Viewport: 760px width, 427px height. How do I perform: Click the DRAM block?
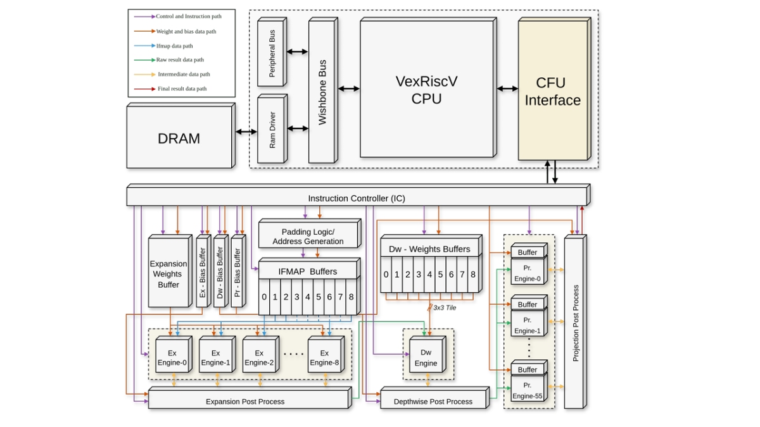(x=179, y=138)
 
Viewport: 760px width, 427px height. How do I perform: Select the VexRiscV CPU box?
(x=426, y=89)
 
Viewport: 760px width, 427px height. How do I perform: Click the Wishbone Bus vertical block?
(x=322, y=92)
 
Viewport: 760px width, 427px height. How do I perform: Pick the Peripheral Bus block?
(x=272, y=53)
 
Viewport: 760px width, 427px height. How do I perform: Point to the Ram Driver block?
(x=272, y=130)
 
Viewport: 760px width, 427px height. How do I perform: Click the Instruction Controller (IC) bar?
(x=356, y=197)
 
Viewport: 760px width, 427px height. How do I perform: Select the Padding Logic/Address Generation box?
(x=308, y=237)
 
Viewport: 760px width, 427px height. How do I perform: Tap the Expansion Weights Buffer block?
(x=168, y=273)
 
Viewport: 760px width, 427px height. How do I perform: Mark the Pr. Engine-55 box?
(x=528, y=390)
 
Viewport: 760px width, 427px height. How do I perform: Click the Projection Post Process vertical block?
(x=575, y=323)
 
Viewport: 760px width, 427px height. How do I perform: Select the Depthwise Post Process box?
(x=433, y=401)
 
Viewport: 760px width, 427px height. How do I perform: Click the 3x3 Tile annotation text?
(x=444, y=308)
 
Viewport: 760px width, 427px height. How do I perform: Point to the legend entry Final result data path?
(x=181, y=89)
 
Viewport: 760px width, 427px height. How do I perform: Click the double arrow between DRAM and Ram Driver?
(x=246, y=132)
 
